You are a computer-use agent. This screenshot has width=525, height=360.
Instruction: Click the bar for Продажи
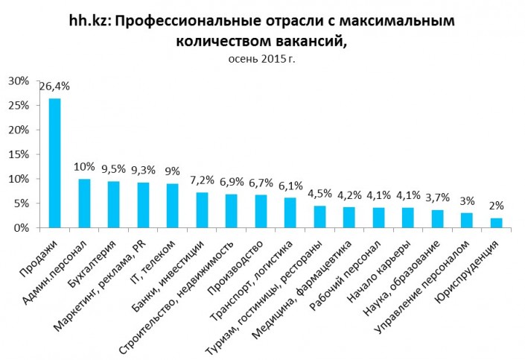(x=54, y=163)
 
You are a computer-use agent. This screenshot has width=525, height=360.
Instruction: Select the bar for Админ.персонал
(x=84, y=203)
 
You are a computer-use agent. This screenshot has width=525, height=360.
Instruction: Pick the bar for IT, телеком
(x=172, y=206)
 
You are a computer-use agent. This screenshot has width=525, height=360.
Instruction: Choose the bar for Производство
(x=261, y=212)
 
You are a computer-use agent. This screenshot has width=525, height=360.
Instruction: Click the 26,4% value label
(x=54, y=86)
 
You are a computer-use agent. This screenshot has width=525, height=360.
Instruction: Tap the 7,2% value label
(x=203, y=180)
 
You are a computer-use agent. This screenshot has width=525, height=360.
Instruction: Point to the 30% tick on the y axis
(x=18, y=80)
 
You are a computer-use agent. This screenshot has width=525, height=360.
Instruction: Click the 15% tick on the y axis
(x=18, y=154)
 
